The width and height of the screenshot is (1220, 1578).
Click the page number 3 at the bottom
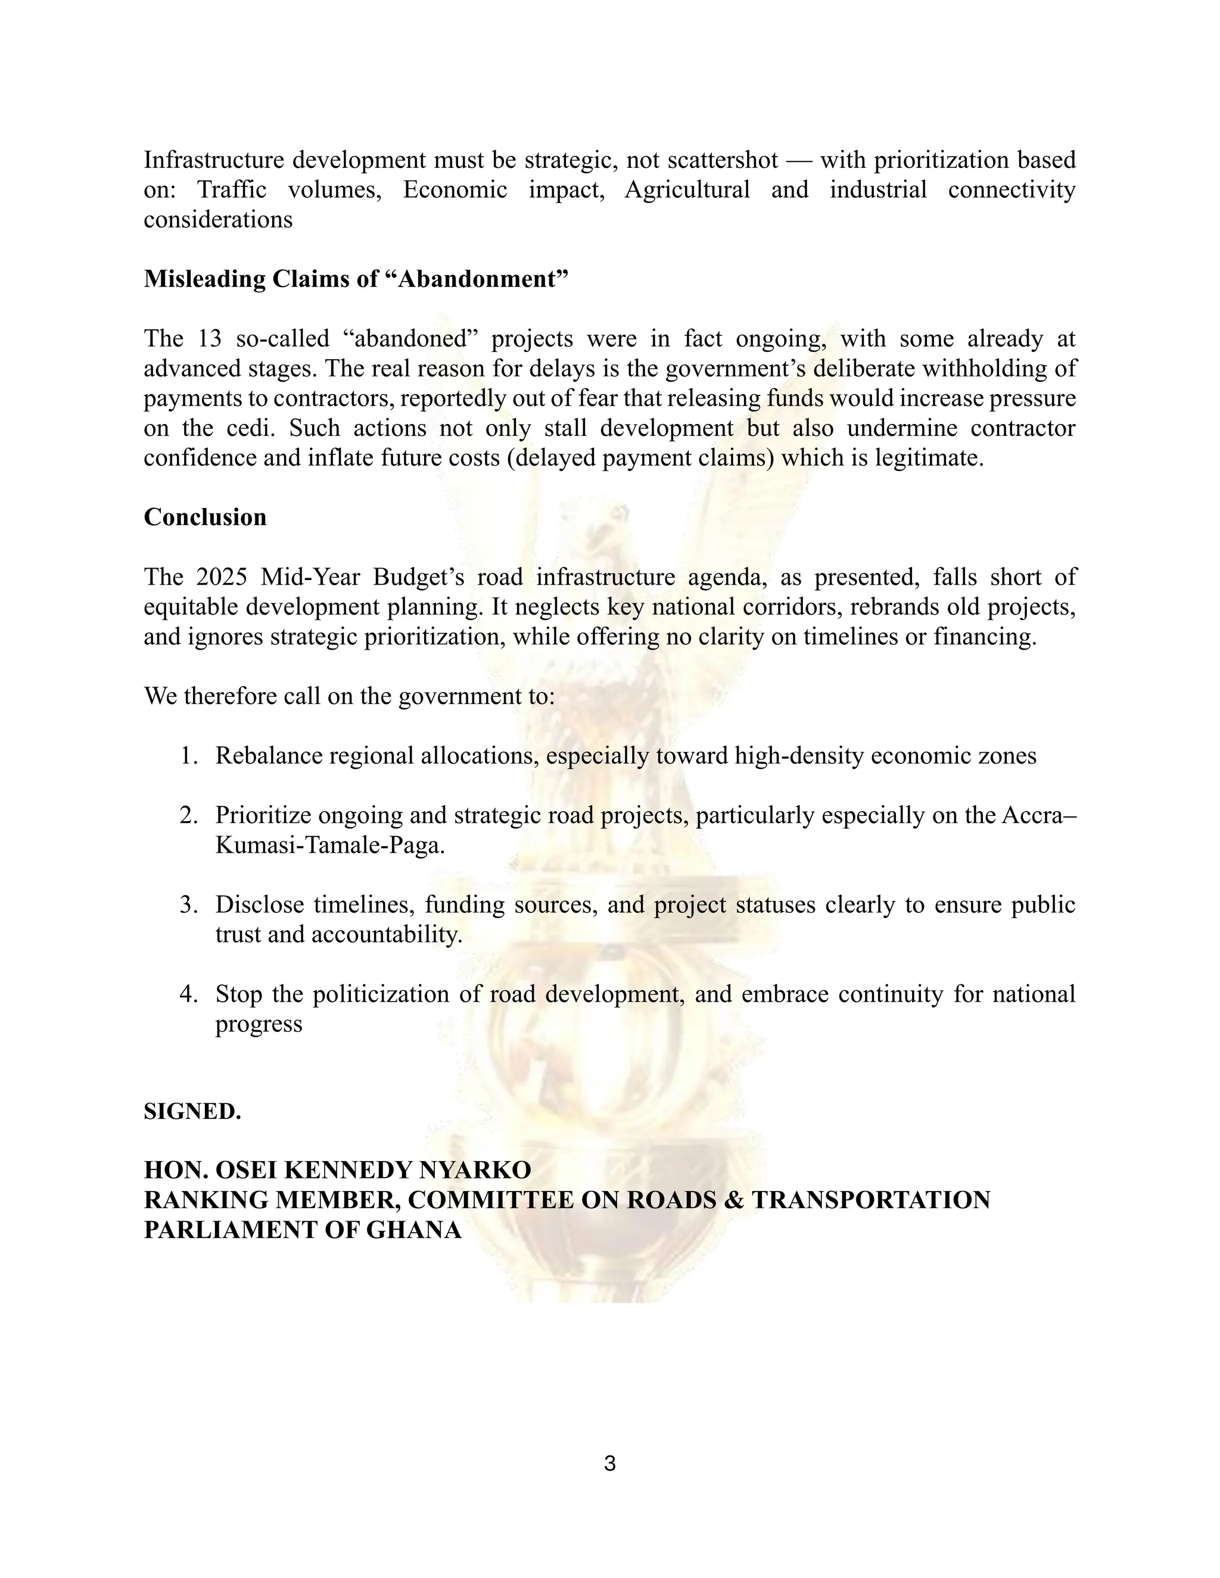609,1463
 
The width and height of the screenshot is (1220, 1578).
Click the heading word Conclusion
206,517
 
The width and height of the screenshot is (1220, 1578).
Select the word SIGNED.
192,1111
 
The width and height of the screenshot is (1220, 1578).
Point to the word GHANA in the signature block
414,1230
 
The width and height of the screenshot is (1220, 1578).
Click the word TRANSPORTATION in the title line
871,1200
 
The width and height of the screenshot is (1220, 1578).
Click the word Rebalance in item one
268,756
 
